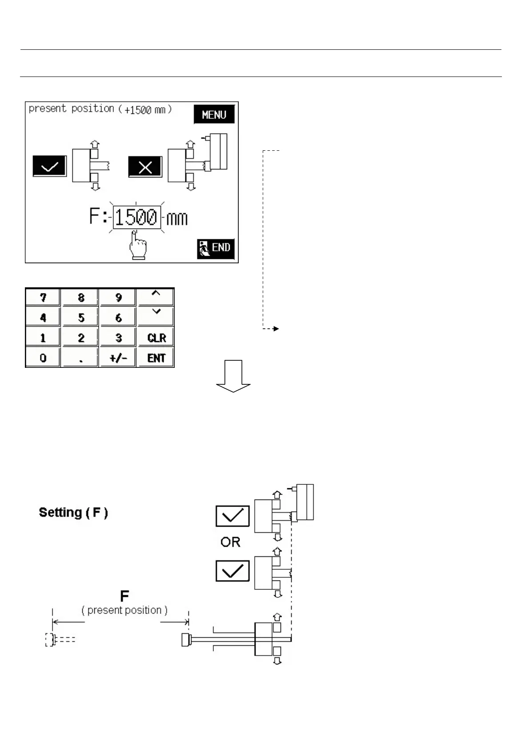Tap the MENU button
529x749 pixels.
[214, 115]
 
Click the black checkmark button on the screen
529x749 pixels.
[49, 166]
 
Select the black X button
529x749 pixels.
[145, 166]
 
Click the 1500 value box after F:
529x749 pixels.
[136, 217]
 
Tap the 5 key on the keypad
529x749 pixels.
[81, 317]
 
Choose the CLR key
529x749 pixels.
[156, 338]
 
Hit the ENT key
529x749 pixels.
[156, 358]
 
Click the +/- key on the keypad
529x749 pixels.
[118, 358]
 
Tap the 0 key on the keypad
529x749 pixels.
[43, 358]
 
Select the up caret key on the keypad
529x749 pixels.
[156, 297]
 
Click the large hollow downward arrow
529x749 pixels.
[233, 376]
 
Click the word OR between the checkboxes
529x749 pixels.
[230, 542]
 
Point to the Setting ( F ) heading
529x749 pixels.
[73, 512]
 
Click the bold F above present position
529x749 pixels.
[124, 596]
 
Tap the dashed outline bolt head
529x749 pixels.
[49, 639]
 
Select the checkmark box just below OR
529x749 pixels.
[232, 571]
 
